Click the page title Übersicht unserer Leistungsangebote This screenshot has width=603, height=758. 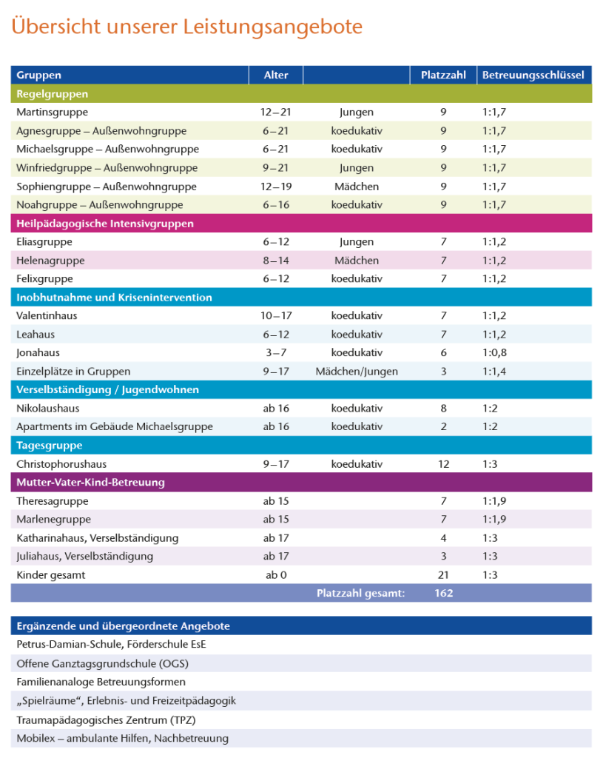pos(186,27)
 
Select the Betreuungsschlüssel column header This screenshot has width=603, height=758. pos(533,75)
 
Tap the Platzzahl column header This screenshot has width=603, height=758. pos(443,75)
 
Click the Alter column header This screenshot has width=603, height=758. pos(276,75)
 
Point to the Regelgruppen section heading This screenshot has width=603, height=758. pos(52,94)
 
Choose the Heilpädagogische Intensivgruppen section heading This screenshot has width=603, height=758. pos(105,224)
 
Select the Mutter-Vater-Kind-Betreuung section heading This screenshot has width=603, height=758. pos(90,483)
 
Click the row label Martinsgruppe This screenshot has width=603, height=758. pos(52,113)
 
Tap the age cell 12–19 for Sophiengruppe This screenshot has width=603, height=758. pos(276,187)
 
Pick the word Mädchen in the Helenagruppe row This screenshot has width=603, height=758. pos(357,261)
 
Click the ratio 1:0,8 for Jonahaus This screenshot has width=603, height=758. pos(496,353)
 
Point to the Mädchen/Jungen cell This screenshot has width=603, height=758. pos(357,372)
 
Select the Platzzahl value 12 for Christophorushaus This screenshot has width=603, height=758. pos(443,464)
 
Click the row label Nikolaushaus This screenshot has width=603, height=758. pos(47,409)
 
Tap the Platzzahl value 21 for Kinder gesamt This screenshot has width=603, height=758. pos(443,575)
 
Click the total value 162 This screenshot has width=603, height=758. pos(444,593)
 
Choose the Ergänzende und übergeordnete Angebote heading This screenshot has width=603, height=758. pos(123,626)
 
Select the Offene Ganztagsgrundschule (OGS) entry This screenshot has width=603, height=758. pos(107,663)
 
